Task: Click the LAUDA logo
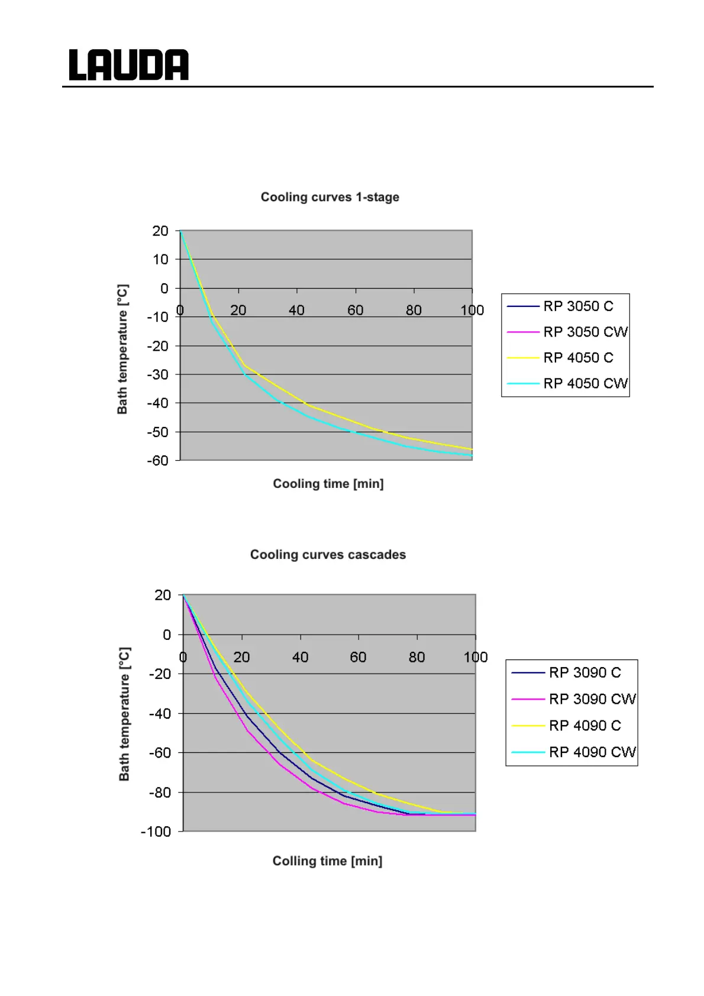point(128,65)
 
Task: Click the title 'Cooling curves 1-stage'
point(330,197)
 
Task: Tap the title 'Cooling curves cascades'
point(328,555)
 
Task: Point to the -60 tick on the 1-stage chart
point(158,461)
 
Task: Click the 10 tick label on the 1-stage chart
point(160,260)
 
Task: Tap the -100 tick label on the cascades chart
point(156,832)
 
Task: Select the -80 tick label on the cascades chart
point(160,793)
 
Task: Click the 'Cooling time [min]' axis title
point(328,484)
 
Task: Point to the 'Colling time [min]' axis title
point(327,861)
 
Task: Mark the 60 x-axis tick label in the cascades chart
point(358,657)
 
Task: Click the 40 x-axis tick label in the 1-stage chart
point(296,311)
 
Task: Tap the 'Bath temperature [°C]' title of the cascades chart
point(124,714)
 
